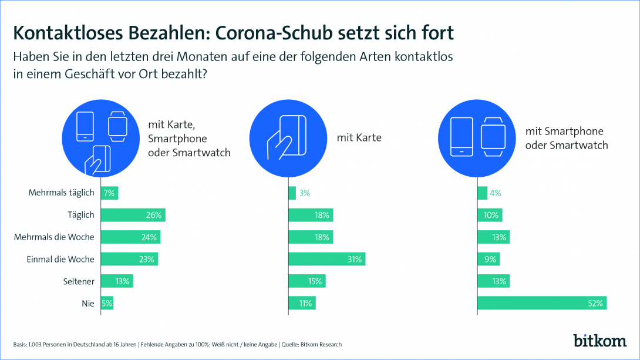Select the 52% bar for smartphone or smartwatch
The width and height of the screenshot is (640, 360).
click(541, 303)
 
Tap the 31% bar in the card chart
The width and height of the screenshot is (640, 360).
click(327, 259)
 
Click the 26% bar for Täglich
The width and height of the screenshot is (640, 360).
click(133, 215)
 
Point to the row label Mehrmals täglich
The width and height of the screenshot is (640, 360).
click(62, 193)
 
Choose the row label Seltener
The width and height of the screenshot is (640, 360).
click(78, 281)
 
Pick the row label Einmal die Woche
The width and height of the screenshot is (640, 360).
click(60, 259)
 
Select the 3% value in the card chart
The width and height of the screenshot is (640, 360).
click(304, 193)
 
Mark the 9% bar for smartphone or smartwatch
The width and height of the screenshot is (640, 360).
click(489, 259)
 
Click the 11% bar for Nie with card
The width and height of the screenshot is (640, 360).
click(302, 303)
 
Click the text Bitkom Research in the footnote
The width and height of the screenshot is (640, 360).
click(321, 344)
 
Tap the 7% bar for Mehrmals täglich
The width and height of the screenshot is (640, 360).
click(110, 193)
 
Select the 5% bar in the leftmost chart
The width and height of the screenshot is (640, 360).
click(107, 303)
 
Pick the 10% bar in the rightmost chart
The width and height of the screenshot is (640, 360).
click(490, 215)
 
